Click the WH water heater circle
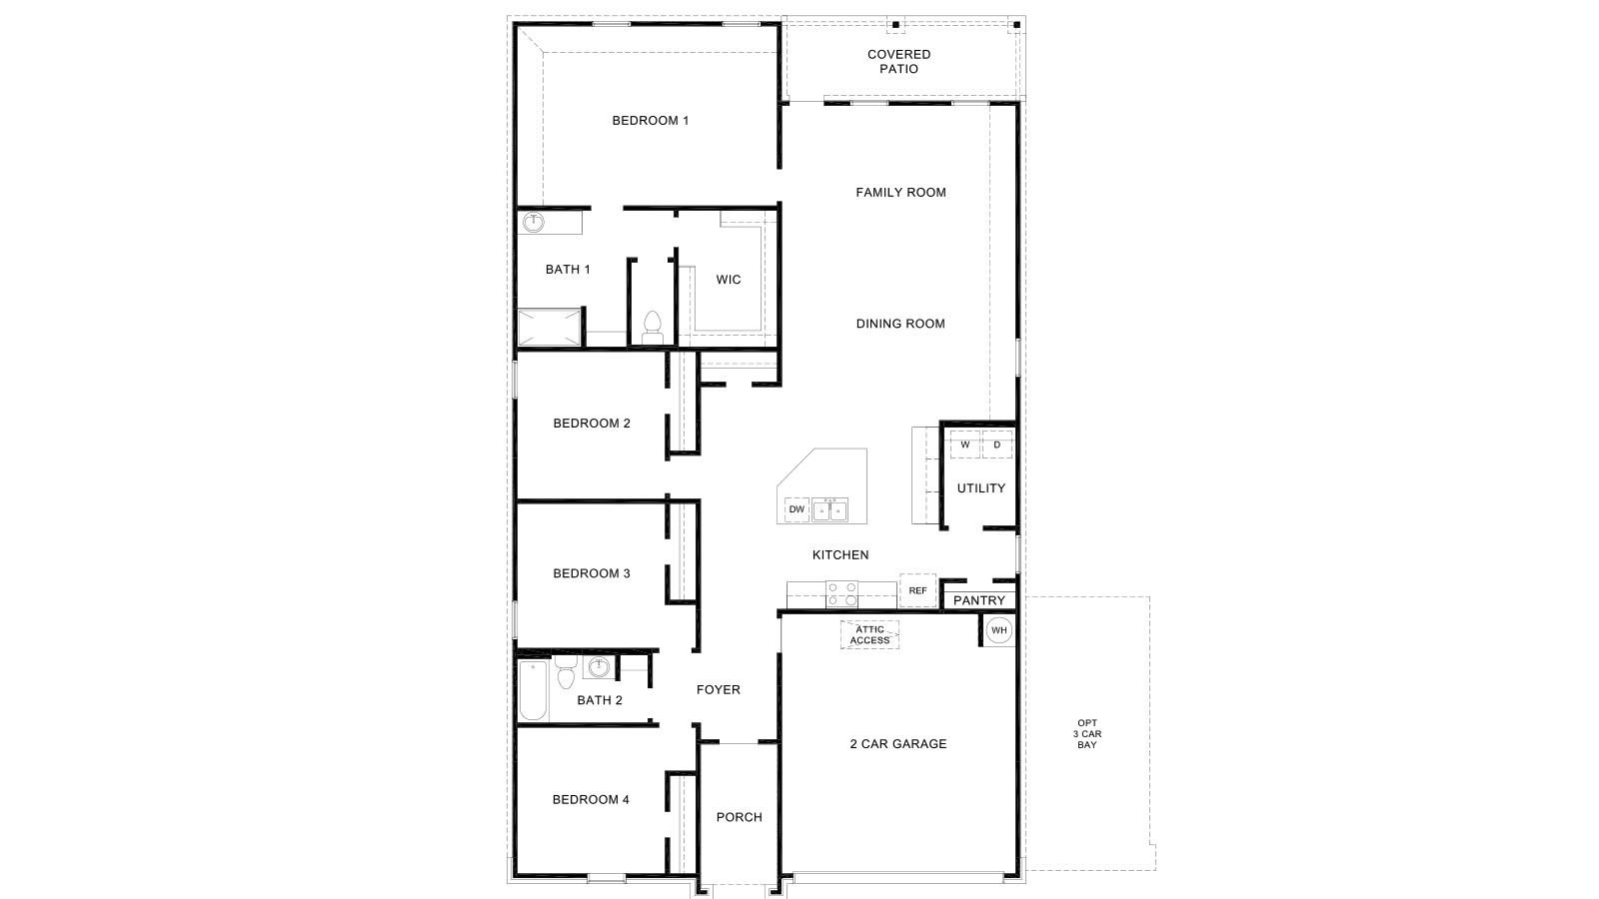point(999,630)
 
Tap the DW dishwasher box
point(797,509)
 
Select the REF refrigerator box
point(917,590)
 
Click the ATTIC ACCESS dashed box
point(869,635)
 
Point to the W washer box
point(965,445)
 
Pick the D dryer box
point(996,445)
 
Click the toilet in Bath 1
point(653,327)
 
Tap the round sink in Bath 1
point(535,222)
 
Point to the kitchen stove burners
point(841,593)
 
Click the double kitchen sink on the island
point(829,509)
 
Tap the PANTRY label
point(979,600)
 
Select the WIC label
point(729,280)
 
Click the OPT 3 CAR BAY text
point(1087,734)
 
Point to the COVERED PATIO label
point(898,62)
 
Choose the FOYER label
point(719,689)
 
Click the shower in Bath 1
point(549,328)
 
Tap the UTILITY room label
point(981,488)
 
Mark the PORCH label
point(740,817)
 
